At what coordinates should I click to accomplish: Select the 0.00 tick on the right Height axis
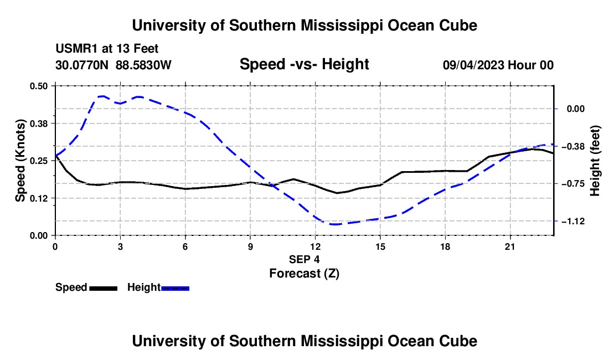pyautogui.click(x=576, y=109)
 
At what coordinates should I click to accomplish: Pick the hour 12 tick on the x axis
pyautogui.click(x=316, y=246)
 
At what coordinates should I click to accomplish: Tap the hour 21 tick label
pyautogui.click(x=510, y=246)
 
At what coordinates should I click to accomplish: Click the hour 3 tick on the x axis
pyautogui.click(x=120, y=246)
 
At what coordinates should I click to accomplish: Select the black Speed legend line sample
pyautogui.click(x=104, y=289)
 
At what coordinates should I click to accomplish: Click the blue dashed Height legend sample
pyautogui.click(x=175, y=289)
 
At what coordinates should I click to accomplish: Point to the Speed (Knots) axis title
pyautogui.click(x=20, y=161)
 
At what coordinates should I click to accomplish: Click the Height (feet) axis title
pyautogui.click(x=595, y=161)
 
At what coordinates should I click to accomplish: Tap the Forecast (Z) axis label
pyautogui.click(x=304, y=274)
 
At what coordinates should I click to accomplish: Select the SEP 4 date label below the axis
pyautogui.click(x=304, y=259)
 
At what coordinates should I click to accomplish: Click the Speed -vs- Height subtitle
pyautogui.click(x=304, y=64)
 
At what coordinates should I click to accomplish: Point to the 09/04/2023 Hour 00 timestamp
pyautogui.click(x=498, y=65)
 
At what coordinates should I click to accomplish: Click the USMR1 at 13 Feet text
pyautogui.click(x=107, y=49)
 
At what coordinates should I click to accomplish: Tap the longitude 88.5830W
pyautogui.click(x=143, y=65)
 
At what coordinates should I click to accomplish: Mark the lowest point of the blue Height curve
pyautogui.click(x=334, y=224)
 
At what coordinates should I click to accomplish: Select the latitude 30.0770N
pyautogui.click(x=82, y=65)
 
